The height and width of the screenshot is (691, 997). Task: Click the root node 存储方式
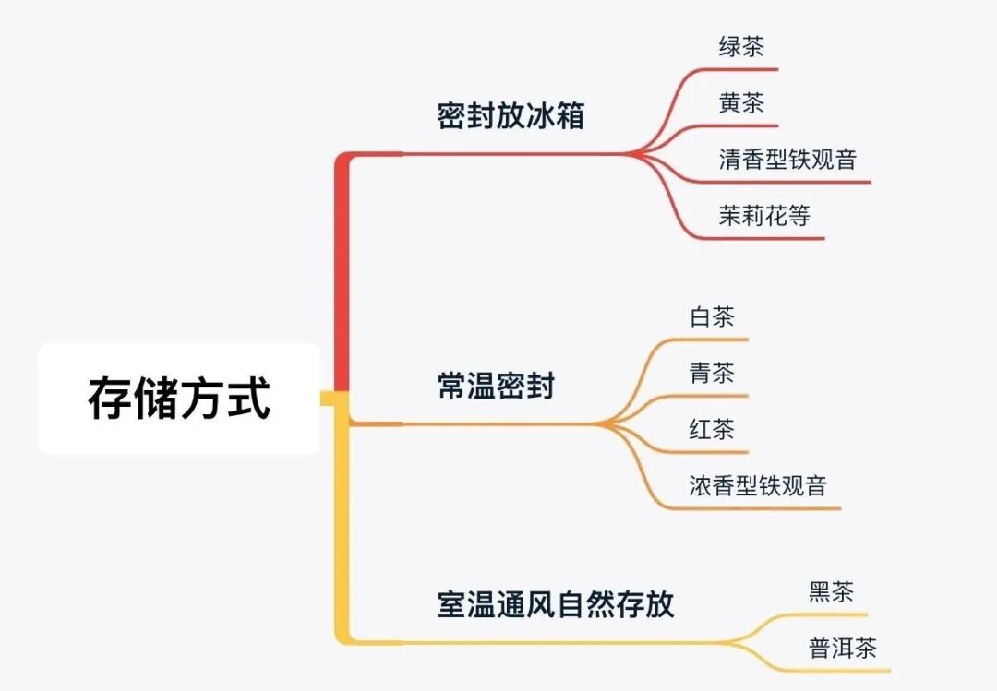coord(179,399)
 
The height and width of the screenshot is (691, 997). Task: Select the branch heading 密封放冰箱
coord(511,117)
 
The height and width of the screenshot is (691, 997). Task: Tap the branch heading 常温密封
coord(496,386)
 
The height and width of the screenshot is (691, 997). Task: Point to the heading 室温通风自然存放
coord(556,604)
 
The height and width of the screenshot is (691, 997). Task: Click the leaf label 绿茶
coord(741,47)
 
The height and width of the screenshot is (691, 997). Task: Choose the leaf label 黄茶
coord(741,102)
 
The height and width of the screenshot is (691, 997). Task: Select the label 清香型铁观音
coord(787,159)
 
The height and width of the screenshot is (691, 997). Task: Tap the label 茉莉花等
coord(764,216)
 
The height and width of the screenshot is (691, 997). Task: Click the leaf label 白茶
coord(712,317)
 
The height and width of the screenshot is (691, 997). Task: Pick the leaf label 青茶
coord(712,373)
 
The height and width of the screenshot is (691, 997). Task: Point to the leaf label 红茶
coord(712,429)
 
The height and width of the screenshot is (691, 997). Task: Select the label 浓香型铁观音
coord(758,485)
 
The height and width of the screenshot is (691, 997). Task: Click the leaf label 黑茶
coord(832,591)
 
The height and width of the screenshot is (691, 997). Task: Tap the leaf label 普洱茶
coord(843,648)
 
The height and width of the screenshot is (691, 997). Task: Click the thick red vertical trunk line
coord(342,277)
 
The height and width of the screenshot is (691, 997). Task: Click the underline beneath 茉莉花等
coord(775,239)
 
